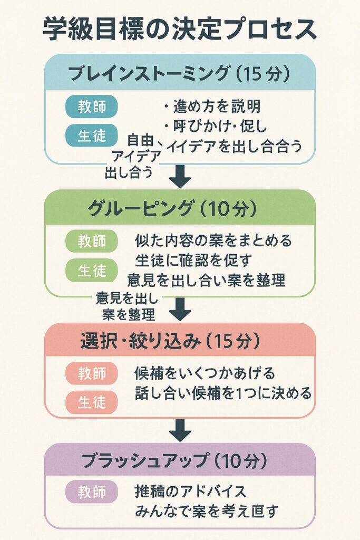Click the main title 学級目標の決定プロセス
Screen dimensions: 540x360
pyautogui.click(x=180, y=29)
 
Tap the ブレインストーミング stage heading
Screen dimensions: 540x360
pyautogui.click(x=180, y=73)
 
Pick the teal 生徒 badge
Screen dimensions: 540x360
pyautogui.click(x=91, y=136)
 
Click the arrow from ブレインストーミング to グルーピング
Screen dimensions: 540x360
pyautogui.click(x=180, y=176)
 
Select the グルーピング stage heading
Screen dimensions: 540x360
pyautogui.click(x=180, y=208)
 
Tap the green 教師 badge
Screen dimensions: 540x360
pyautogui.click(x=91, y=242)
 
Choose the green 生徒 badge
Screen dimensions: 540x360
pyautogui.click(x=91, y=271)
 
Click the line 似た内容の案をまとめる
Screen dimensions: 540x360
pyautogui.click(x=213, y=241)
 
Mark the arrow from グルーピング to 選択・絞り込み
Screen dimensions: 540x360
pyautogui.click(x=180, y=309)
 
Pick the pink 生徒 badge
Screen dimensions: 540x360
pyautogui.click(x=91, y=403)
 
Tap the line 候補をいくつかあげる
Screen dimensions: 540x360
pyautogui.click(x=205, y=374)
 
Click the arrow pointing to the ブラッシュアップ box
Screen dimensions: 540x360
pyautogui.click(x=180, y=429)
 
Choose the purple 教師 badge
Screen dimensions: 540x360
pyautogui.click(x=91, y=492)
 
